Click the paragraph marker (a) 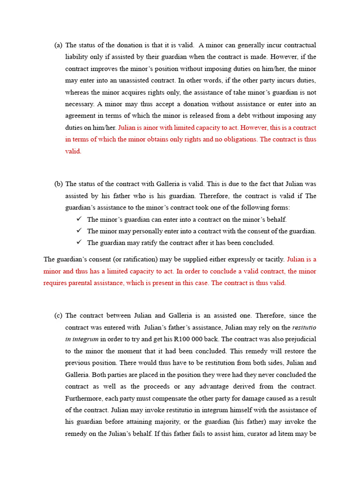coord(58,45)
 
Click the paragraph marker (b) coord(58,184)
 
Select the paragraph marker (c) coord(58,315)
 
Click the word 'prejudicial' coord(300,339)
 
